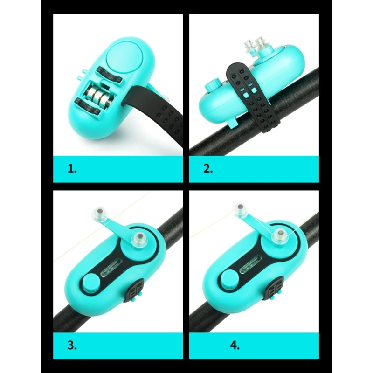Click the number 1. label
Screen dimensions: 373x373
[x=72, y=168]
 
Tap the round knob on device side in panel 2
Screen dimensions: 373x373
[x=213, y=87]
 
